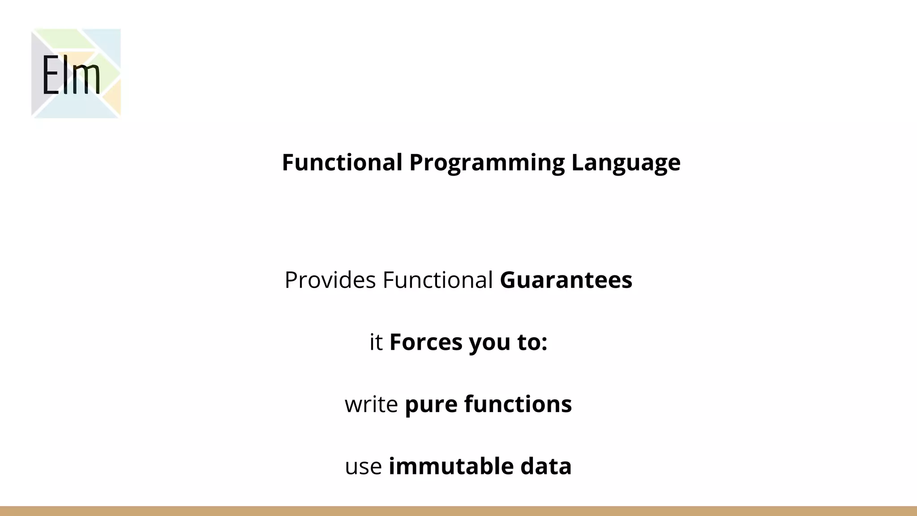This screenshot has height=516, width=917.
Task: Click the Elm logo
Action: (76, 73)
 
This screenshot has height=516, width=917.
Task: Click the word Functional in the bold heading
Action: (342, 162)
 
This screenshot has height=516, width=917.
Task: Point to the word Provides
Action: (330, 280)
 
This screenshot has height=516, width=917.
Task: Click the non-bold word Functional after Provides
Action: (437, 280)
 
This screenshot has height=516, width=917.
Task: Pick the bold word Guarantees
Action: (566, 280)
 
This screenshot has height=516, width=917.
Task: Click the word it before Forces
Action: (376, 342)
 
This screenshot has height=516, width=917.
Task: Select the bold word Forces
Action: (426, 342)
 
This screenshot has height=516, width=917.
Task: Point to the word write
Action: (371, 404)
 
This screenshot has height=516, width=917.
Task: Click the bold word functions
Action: (518, 404)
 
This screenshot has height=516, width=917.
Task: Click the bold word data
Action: (546, 466)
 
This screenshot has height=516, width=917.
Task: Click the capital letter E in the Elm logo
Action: (51, 75)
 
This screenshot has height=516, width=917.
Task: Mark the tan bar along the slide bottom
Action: (458, 511)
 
